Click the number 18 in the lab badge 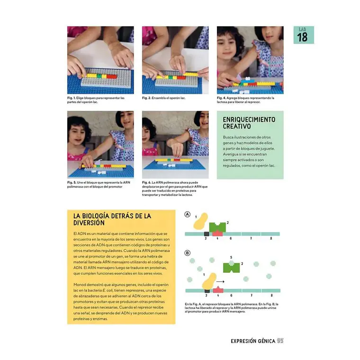(303, 37)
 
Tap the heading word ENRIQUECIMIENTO (249, 120)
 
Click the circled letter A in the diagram (188, 215)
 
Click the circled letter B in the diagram (188, 253)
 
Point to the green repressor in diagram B (231, 268)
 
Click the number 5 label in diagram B (231, 257)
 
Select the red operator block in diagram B (218, 289)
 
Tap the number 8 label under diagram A (271, 238)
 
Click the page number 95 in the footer (280, 341)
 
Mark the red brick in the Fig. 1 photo (112, 75)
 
